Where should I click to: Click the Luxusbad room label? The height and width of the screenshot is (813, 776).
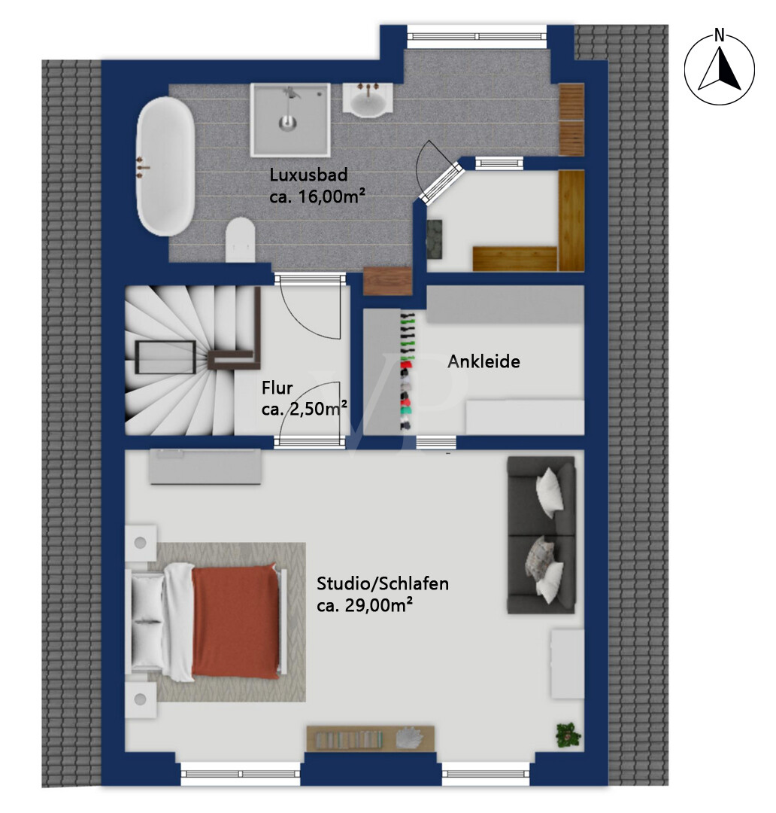[308, 175]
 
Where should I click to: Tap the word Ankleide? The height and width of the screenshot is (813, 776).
[483, 361]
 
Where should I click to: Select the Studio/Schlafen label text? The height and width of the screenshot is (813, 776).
[383, 584]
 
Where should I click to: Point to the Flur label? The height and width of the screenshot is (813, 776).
[277, 388]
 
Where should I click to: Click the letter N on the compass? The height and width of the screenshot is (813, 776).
[719, 35]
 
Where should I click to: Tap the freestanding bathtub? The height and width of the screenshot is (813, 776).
[165, 166]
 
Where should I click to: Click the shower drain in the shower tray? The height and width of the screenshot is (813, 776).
[286, 123]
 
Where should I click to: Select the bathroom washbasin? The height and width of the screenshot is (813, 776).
[368, 99]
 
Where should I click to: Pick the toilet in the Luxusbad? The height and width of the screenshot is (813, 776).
[241, 239]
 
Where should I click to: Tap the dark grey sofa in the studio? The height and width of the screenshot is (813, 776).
[541, 535]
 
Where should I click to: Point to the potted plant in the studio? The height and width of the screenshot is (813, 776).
[568, 735]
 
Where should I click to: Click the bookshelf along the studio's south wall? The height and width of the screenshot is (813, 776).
[370, 738]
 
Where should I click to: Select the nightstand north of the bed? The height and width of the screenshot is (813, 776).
[141, 544]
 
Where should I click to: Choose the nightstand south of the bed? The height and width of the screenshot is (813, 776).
[141, 699]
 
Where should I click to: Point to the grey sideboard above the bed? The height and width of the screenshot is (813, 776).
[206, 467]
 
